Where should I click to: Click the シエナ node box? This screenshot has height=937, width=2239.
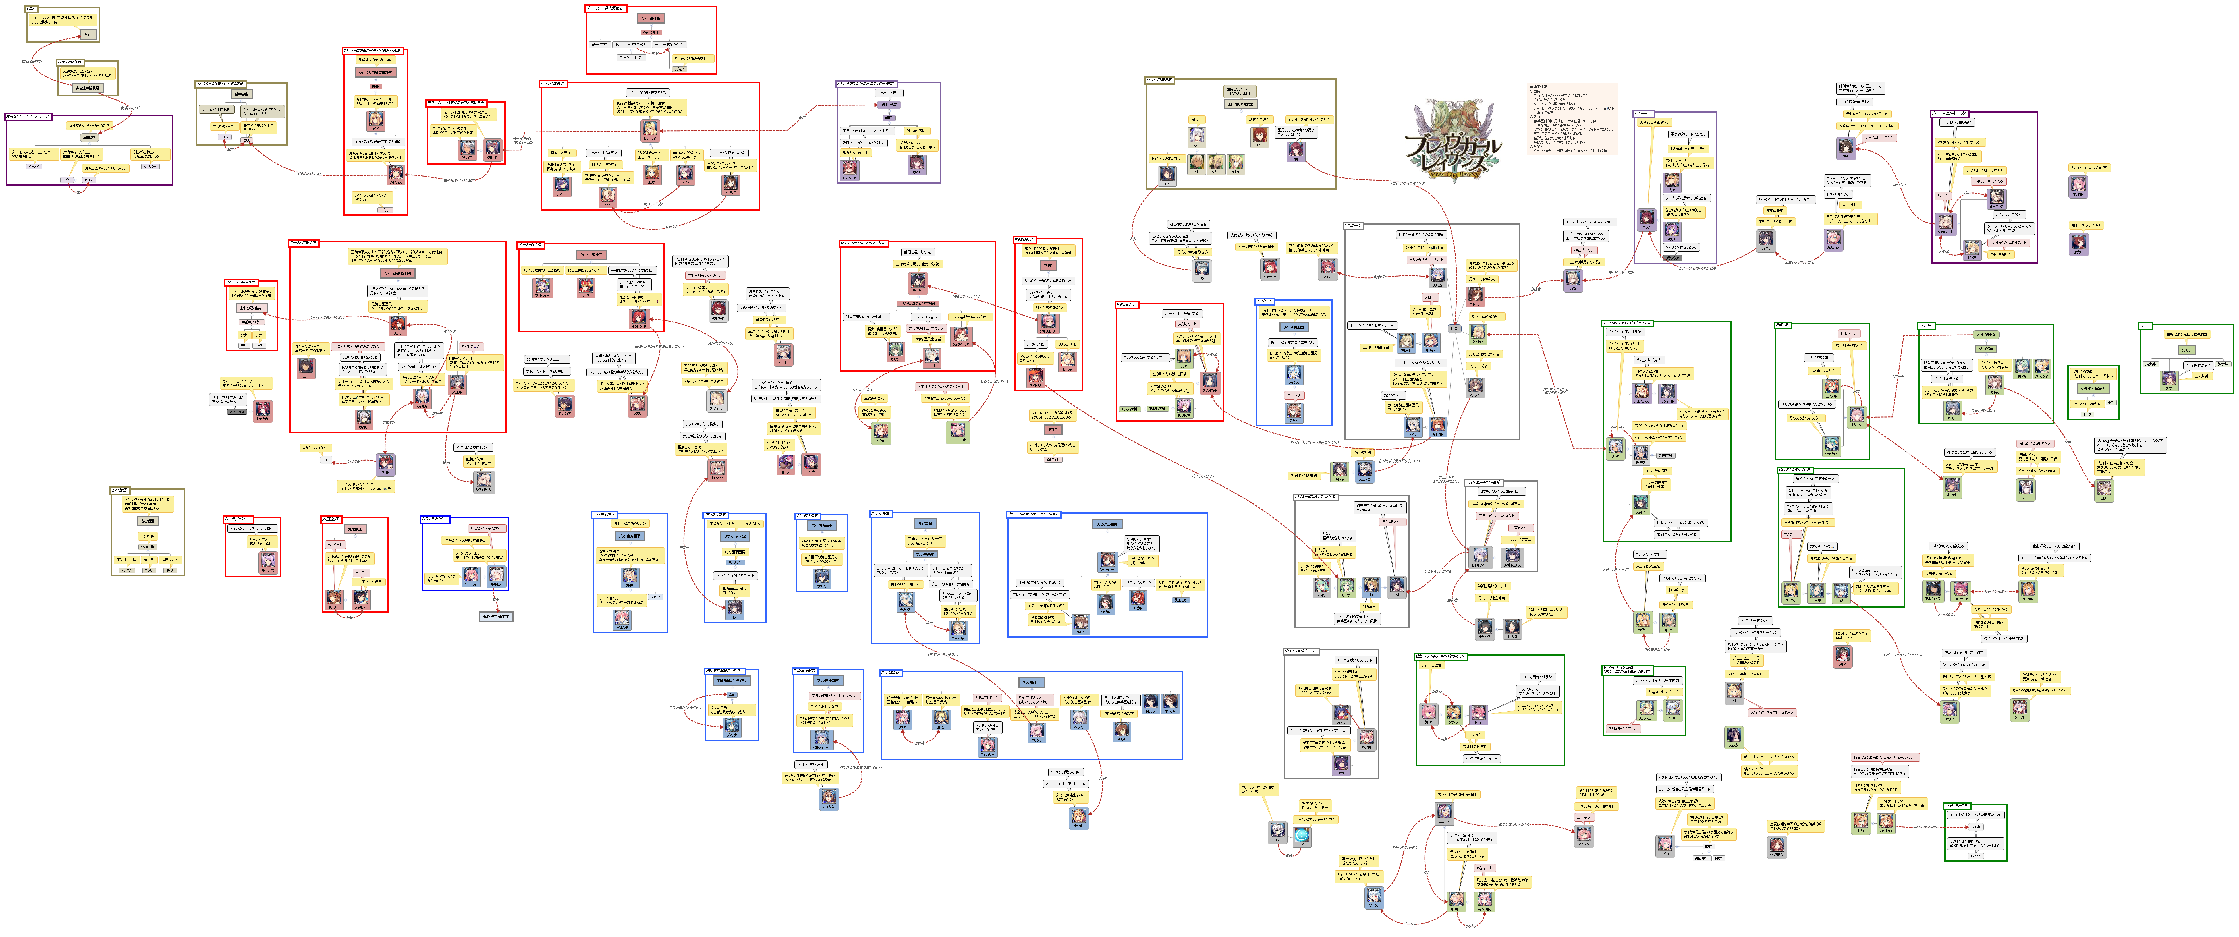tap(88, 35)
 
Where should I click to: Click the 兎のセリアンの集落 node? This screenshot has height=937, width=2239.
tap(495, 616)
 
